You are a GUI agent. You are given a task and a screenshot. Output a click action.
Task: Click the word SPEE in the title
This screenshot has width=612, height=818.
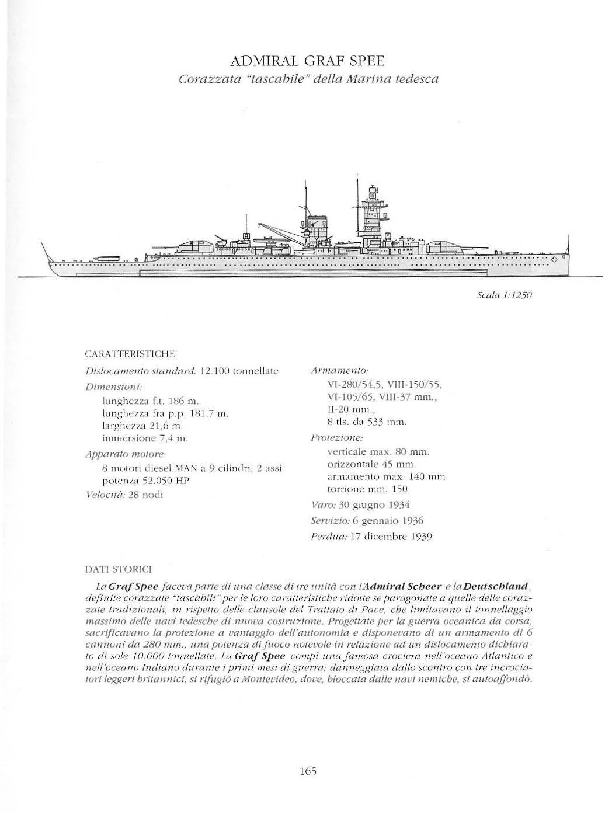(363, 61)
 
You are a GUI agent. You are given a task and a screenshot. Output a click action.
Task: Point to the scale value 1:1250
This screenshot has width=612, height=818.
(514, 295)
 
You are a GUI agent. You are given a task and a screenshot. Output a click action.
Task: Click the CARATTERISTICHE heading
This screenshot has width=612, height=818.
(130, 354)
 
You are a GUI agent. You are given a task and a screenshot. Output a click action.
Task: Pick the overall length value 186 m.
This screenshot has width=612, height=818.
(184, 401)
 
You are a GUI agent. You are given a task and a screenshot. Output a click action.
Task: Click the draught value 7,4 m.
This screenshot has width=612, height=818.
(171, 437)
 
